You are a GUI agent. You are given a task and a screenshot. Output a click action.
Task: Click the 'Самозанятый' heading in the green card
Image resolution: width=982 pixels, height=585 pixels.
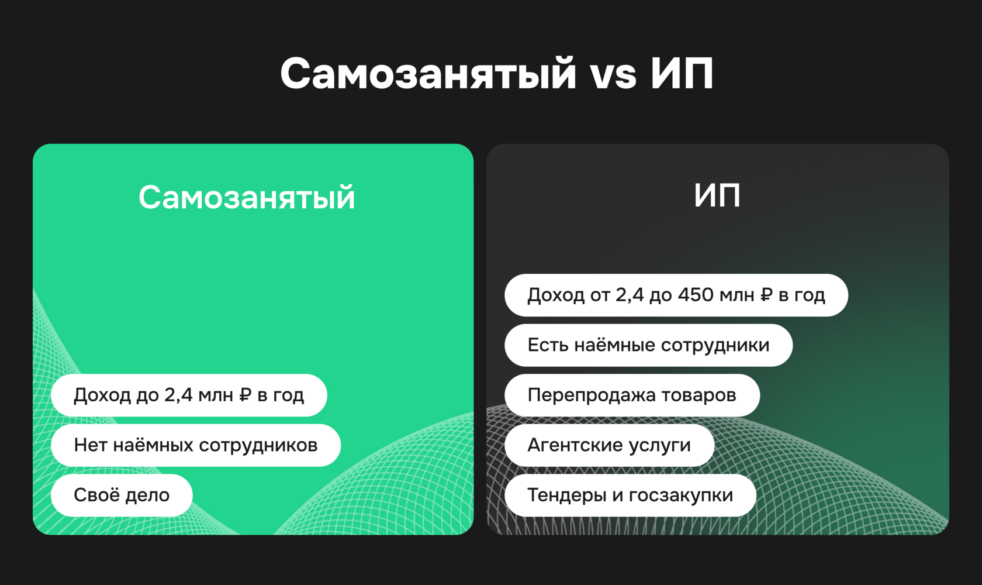click(x=247, y=197)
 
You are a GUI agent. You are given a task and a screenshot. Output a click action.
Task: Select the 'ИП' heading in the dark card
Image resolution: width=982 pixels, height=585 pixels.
click(x=717, y=195)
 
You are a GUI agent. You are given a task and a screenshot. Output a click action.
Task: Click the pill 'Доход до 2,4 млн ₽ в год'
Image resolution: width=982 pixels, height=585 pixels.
click(x=189, y=395)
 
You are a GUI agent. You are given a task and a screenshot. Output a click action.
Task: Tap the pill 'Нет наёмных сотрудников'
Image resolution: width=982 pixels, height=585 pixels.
click(x=196, y=445)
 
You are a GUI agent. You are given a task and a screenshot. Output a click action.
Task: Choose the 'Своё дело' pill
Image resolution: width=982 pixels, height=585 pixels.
click(x=122, y=495)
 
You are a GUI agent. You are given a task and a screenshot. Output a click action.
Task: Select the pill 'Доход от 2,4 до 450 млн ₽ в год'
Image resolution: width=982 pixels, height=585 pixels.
click(x=676, y=295)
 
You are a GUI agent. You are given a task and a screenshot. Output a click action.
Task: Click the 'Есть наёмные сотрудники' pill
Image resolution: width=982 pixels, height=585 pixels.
click(x=648, y=345)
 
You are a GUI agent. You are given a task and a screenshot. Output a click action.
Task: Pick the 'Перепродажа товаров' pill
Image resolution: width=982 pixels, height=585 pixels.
click(x=632, y=395)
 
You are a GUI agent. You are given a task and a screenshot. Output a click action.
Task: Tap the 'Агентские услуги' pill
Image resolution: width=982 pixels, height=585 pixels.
click(x=609, y=445)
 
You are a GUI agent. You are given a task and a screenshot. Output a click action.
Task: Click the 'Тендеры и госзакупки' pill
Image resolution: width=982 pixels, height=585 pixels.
click(x=630, y=495)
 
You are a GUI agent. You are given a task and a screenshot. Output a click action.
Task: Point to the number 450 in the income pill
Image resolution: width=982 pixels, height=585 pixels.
click(x=696, y=295)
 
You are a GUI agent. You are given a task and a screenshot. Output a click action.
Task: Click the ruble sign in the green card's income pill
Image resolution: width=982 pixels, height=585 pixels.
click(x=245, y=395)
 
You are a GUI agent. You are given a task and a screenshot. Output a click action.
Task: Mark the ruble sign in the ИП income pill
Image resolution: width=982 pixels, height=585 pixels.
click(x=766, y=295)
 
